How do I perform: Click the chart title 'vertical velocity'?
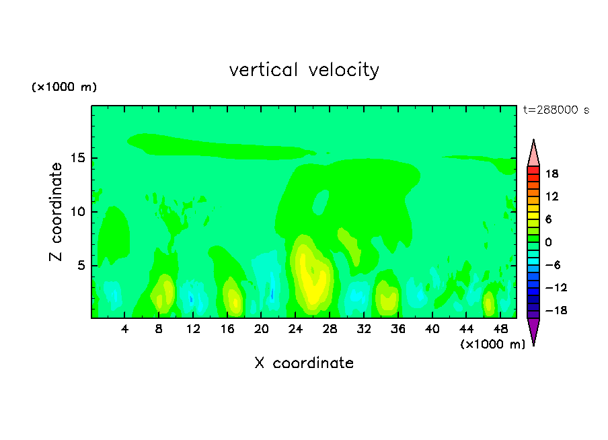pyautogui.click(x=304, y=70)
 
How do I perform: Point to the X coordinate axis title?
pyautogui.click(x=304, y=363)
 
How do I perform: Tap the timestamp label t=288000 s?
pyautogui.click(x=556, y=110)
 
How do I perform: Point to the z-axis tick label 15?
pyautogui.click(x=78, y=159)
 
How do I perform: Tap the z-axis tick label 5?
pyautogui.click(x=81, y=266)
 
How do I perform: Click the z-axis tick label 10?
pyautogui.click(x=78, y=212)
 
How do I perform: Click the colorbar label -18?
pyautogui.click(x=550, y=311)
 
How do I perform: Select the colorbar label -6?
pyautogui.click(x=552, y=265)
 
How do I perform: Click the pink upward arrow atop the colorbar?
pyautogui.click(x=533, y=153)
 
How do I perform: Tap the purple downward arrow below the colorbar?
pyautogui.click(x=533, y=331)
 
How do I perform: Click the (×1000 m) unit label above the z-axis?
pyautogui.click(x=65, y=87)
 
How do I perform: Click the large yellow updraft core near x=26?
pyautogui.click(x=311, y=279)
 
